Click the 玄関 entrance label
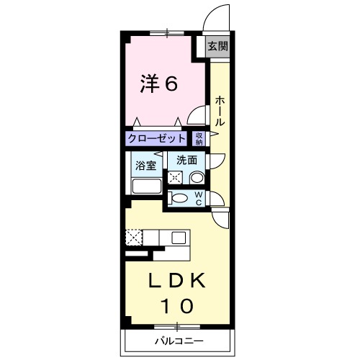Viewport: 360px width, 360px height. click(218, 47)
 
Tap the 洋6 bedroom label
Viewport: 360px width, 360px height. click(159, 84)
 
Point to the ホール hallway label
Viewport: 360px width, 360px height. click(219, 112)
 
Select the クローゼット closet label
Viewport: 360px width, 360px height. click(157, 138)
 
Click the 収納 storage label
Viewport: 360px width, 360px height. click(199, 138)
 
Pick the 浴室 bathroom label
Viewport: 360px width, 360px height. click(146, 165)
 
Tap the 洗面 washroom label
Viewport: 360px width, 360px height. click(187, 160)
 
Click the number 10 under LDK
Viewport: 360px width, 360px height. click(176, 306)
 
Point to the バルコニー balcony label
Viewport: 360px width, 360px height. click(178, 340)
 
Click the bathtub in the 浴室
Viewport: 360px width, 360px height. click(147, 186)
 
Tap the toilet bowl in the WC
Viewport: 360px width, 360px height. click(180, 199)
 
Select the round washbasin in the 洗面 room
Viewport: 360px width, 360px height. click(197, 177)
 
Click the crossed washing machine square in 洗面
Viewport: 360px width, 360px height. click(175, 177)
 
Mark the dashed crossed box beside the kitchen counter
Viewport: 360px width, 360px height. click(134, 237)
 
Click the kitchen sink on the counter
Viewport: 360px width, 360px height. click(177, 237)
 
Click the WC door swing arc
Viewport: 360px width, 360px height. click(220, 218)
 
